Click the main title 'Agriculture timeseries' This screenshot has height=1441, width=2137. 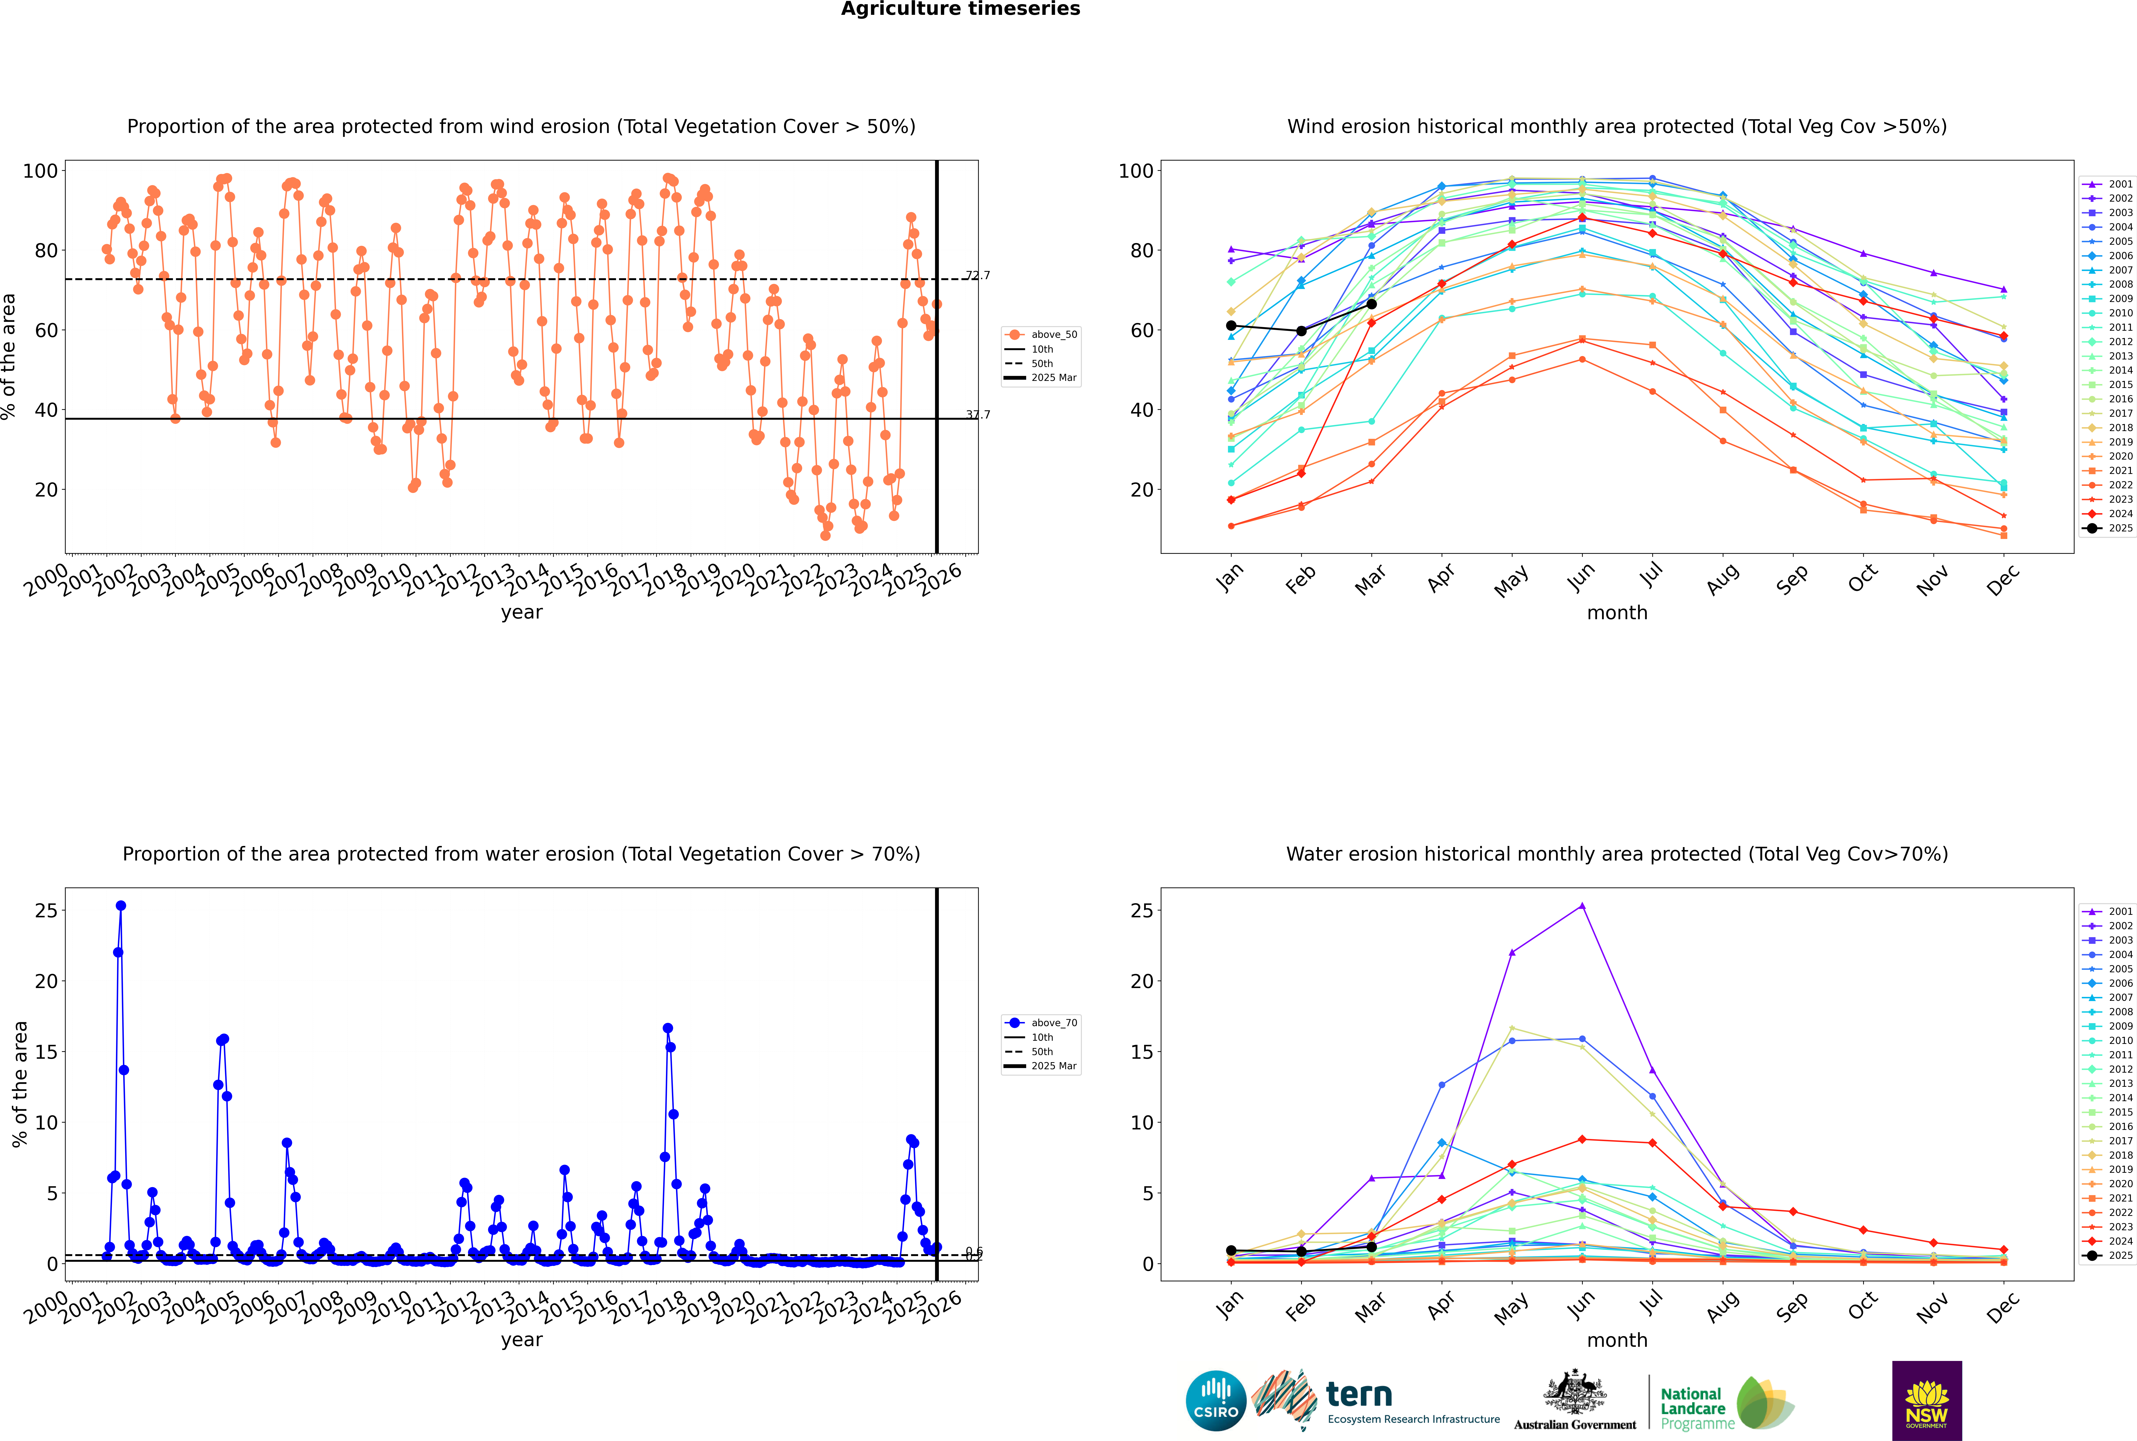960,9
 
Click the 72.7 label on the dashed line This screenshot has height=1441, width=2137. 978,276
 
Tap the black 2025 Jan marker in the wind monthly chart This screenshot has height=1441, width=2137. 1231,325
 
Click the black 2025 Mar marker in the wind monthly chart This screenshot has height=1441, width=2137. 1372,304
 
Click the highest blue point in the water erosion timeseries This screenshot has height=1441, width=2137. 120,905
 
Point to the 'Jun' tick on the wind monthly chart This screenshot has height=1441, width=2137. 1581,577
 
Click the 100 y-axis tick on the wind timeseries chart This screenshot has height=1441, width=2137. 40,171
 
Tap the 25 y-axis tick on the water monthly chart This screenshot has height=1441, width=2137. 1141,911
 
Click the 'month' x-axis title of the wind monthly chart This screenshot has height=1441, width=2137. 1617,613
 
